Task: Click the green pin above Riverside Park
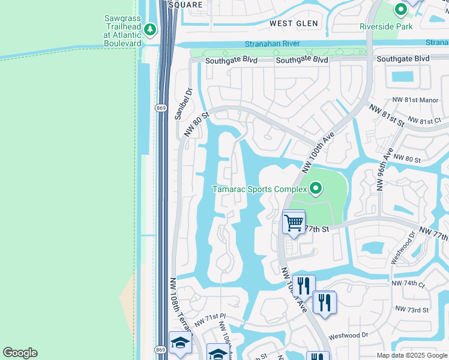click(400, 10)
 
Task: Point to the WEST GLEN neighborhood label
click(294, 23)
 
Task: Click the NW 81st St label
click(387, 115)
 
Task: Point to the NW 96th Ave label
click(384, 169)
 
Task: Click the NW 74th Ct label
click(408, 283)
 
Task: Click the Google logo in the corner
click(20, 353)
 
